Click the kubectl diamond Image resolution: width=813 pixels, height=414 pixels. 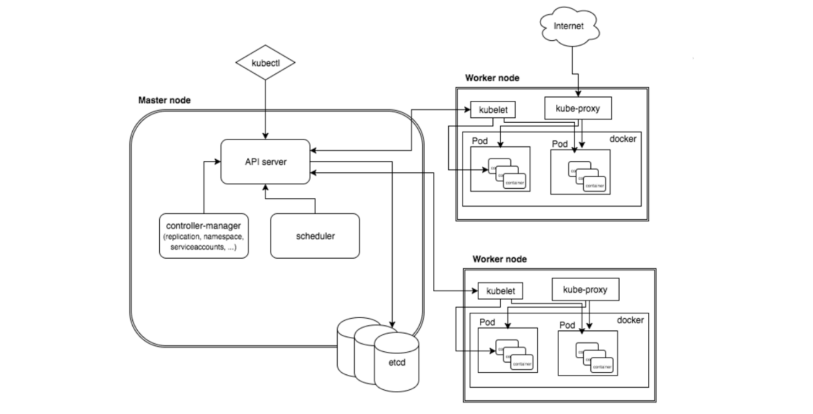265,63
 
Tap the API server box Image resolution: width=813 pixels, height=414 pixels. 265,162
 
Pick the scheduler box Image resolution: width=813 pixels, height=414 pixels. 315,236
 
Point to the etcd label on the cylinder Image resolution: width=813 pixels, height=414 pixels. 397,363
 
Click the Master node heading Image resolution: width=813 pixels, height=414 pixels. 164,100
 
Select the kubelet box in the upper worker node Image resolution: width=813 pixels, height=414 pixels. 493,110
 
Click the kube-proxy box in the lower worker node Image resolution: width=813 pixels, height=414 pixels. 585,289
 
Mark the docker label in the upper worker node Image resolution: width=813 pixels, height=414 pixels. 622,139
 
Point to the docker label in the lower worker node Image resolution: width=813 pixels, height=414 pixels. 630,320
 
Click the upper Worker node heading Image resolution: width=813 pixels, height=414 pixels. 492,78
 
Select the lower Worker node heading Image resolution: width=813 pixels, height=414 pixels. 500,259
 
